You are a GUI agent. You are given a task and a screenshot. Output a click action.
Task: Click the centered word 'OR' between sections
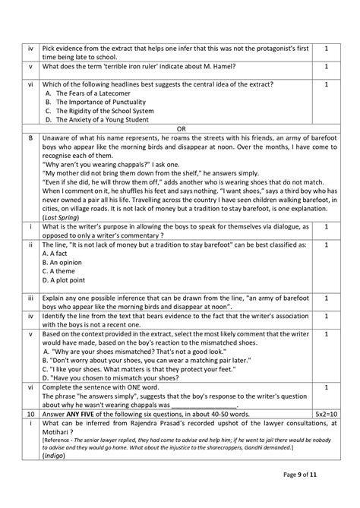point(180,128)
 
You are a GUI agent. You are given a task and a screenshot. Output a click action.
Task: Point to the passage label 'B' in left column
point(29,137)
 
